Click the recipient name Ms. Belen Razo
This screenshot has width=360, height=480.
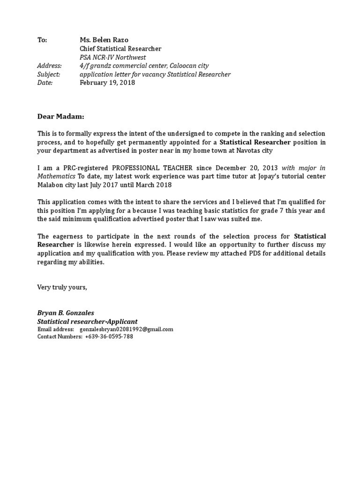[104, 40]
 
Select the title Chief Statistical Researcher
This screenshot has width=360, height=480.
[120, 49]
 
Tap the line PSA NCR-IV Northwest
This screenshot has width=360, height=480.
[113, 57]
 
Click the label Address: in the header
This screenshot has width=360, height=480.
[49, 66]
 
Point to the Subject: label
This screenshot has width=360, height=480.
[48, 74]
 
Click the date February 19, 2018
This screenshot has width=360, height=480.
[107, 82]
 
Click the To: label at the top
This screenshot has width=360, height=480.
[42, 40]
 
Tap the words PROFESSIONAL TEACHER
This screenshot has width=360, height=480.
[152, 167]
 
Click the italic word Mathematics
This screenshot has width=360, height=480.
[56, 176]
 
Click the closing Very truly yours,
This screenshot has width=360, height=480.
[62, 287]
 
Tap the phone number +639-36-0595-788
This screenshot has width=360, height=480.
[109, 337]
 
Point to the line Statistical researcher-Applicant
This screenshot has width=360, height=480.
[88, 322]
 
